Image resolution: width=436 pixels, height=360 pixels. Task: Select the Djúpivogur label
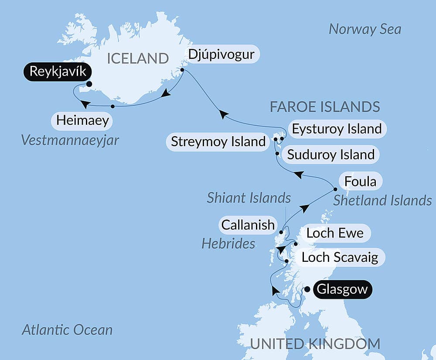click(x=223, y=55)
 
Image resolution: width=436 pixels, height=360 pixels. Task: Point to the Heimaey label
click(x=82, y=120)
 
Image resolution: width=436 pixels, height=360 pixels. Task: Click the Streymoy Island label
click(x=218, y=142)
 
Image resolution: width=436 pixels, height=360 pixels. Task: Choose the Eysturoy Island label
click(x=337, y=129)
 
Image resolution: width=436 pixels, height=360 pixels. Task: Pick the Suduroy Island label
click(x=331, y=154)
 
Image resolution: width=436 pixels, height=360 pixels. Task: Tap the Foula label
click(x=360, y=181)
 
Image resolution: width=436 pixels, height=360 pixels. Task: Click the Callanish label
click(x=248, y=225)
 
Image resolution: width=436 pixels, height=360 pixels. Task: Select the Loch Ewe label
click(x=335, y=233)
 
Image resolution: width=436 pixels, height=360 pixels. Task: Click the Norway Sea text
click(x=364, y=29)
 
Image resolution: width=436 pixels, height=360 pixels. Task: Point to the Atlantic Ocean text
click(x=67, y=330)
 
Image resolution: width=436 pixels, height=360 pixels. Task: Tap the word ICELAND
click(x=138, y=58)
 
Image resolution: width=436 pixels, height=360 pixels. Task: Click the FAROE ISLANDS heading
click(x=325, y=106)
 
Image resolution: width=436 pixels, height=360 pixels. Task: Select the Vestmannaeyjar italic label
click(x=70, y=141)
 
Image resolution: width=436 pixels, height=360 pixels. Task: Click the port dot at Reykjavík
click(x=89, y=85)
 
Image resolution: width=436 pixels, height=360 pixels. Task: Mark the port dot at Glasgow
click(x=307, y=289)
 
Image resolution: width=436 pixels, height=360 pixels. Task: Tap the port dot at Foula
click(x=335, y=189)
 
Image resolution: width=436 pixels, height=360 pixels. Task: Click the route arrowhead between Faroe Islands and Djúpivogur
click(x=223, y=114)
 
